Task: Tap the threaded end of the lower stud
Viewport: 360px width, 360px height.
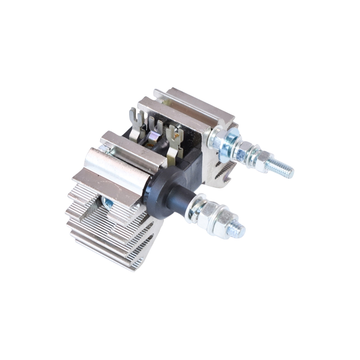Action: click(x=236, y=230)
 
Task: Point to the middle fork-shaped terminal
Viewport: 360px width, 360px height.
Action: click(x=155, y=128)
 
